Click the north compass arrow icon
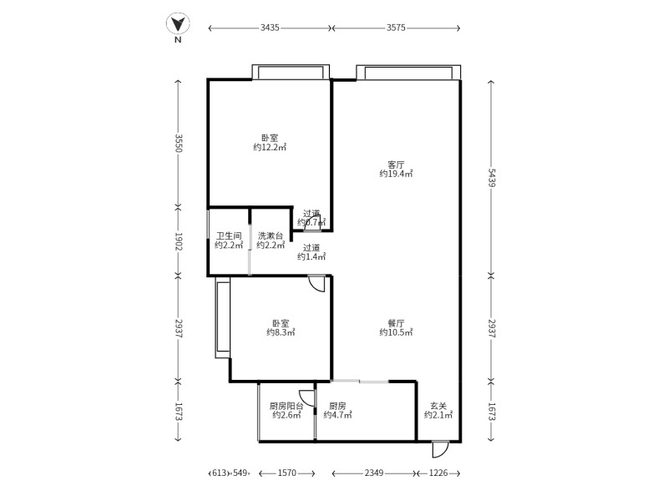178,25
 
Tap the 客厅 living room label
396,164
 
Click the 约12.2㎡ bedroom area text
270,148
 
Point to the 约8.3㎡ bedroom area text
281,332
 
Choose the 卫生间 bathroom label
229,235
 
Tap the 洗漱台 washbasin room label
271,235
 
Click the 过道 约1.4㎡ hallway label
311,252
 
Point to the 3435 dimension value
270,28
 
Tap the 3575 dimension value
396,28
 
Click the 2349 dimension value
373,473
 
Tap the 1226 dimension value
438,473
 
